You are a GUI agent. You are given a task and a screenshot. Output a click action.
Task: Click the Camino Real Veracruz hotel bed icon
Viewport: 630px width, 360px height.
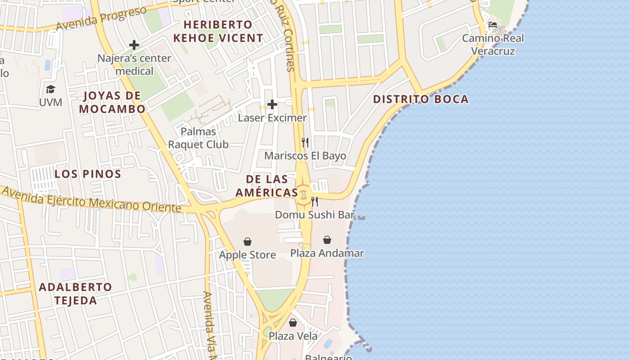pos(493,24)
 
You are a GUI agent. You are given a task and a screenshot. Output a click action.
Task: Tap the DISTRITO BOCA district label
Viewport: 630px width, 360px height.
pos(421,99)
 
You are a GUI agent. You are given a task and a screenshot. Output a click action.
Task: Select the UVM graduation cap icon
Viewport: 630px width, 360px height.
pos(50,90)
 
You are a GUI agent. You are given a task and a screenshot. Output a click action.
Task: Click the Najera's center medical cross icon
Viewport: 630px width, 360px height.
pos(134,45)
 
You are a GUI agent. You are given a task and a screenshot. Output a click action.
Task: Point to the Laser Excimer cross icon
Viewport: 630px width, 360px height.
pos(272,105)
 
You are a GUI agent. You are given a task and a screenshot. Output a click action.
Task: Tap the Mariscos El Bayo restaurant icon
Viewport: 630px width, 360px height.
pos(305,143)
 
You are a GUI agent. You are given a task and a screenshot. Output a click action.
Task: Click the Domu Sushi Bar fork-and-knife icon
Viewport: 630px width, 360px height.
pos(315,201)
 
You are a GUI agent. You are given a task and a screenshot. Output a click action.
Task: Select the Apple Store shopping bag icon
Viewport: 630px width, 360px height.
pos(247,242)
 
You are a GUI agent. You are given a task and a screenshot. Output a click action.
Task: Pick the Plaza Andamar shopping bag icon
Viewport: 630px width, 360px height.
pos(327,240)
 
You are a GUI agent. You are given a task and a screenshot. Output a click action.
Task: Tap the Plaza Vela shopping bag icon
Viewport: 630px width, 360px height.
pos(293,323)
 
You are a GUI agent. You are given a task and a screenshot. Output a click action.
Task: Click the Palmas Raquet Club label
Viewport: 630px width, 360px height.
pos(198,138)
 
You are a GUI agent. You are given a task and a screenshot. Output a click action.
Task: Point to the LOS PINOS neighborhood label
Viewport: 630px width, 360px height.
pos(88,174)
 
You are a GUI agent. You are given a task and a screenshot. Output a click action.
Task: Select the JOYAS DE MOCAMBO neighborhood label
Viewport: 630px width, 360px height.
pos(112,102)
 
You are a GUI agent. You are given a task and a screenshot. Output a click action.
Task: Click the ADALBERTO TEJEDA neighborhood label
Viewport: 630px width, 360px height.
pos(76,293)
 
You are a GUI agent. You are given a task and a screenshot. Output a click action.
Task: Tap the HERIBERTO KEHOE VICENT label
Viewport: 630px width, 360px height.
pos(218,31)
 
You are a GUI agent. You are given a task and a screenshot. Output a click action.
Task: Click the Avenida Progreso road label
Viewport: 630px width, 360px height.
pos(101,19)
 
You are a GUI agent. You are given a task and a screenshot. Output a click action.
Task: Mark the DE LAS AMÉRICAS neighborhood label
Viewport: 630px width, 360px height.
pos(267,186)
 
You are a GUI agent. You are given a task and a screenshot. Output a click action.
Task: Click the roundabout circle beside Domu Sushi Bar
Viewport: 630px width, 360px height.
pos(303,195)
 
